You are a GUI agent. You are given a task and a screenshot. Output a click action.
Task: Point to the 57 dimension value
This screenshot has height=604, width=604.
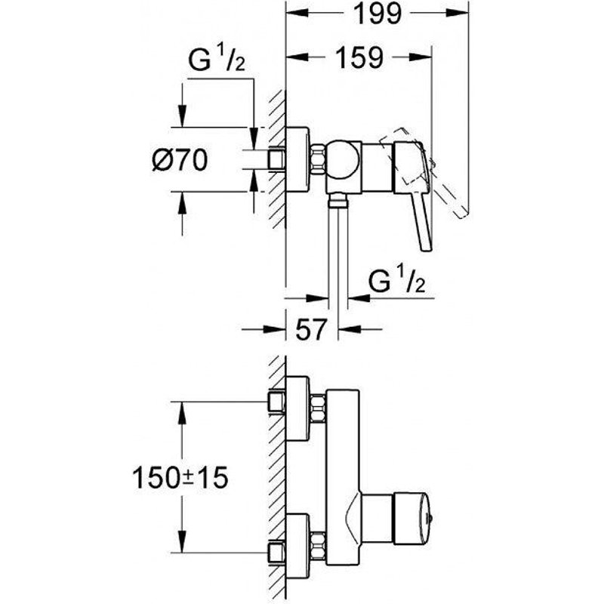[x=310, y=329]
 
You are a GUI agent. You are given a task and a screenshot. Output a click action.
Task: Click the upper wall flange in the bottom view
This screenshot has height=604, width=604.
[x=298, y=408]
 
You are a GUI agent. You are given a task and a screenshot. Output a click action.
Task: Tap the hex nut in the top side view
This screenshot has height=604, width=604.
[x=318, y=160]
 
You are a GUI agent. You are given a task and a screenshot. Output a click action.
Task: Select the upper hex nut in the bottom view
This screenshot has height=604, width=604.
[x=318, y=408]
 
